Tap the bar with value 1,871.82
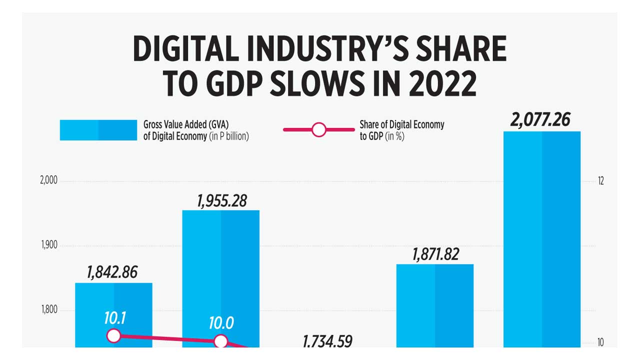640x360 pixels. [434, 305]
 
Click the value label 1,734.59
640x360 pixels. [327, 341]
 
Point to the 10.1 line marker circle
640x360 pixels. [113, 335]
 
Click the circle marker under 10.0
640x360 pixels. [220, 341]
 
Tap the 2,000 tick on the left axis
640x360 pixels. [48, 181]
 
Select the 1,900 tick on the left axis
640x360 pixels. [48, 245]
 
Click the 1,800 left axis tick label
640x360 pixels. [48, 310]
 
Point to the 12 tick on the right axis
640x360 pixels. [600, 181]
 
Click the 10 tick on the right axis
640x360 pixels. [600, 343]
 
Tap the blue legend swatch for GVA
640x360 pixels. [98, 130]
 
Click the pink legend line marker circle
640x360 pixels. [318, 130]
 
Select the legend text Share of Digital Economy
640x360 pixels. [401, 124]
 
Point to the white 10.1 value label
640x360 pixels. [114, 318]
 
